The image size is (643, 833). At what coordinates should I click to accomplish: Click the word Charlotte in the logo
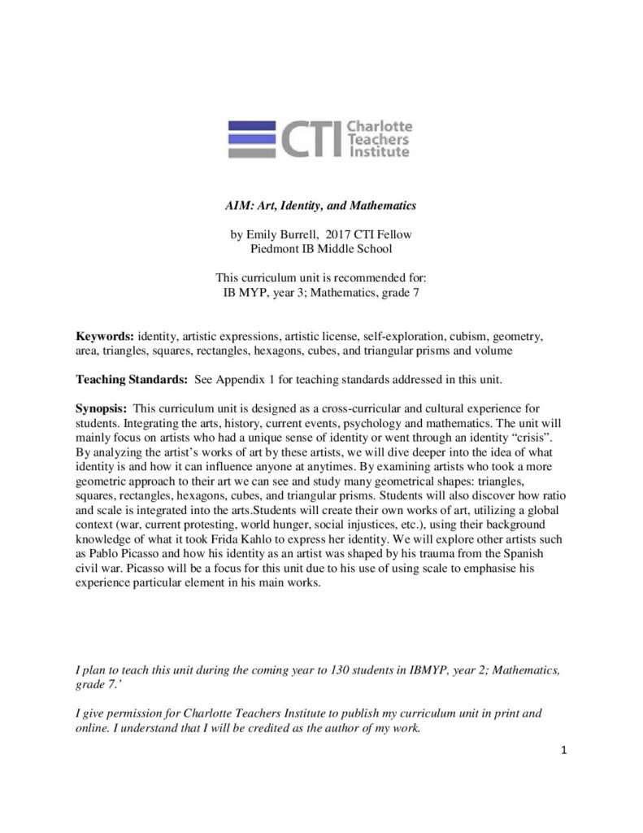380,126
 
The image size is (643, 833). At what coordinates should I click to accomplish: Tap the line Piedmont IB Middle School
321,249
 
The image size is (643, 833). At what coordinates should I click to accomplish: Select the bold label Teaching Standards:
130,377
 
